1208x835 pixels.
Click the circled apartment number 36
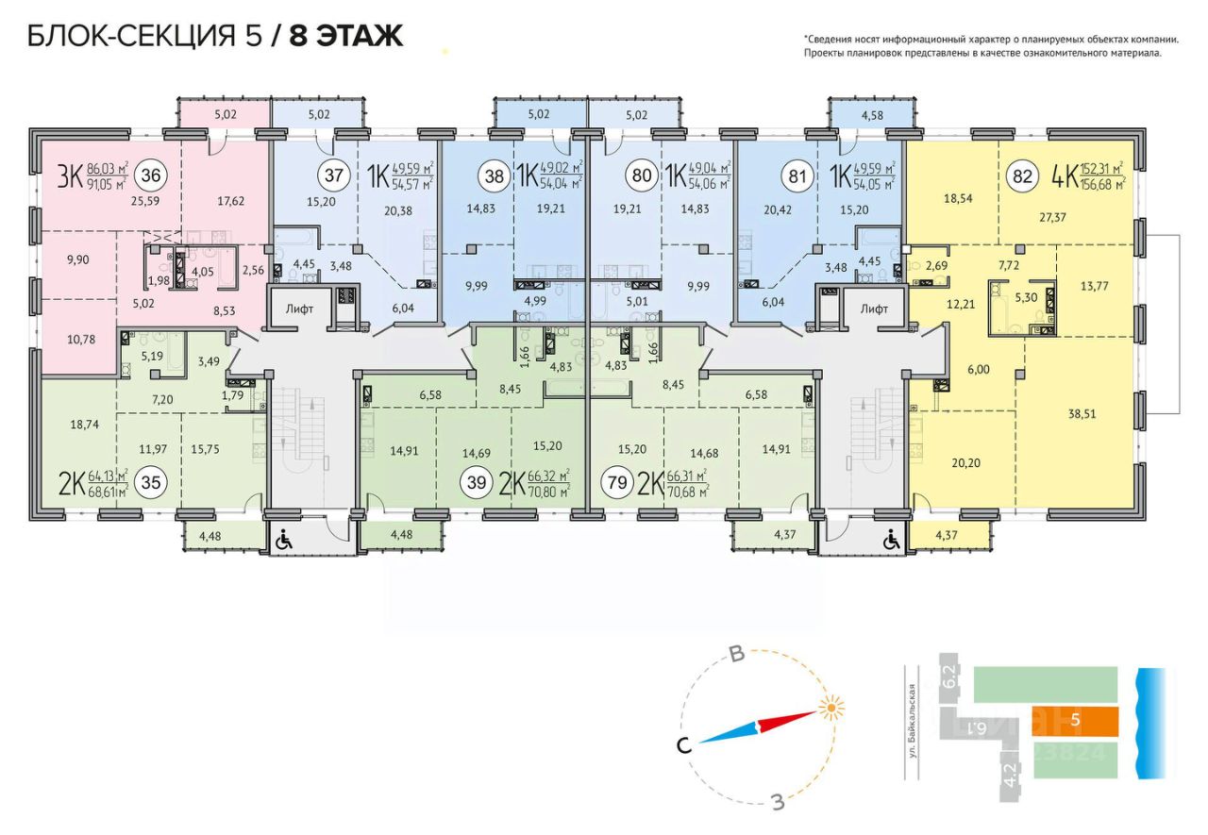tap(148, 175)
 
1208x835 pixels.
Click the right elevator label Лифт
tap(874, 308)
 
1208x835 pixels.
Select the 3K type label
tap(70, 176)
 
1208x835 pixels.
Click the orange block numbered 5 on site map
tap(1074, 721)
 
